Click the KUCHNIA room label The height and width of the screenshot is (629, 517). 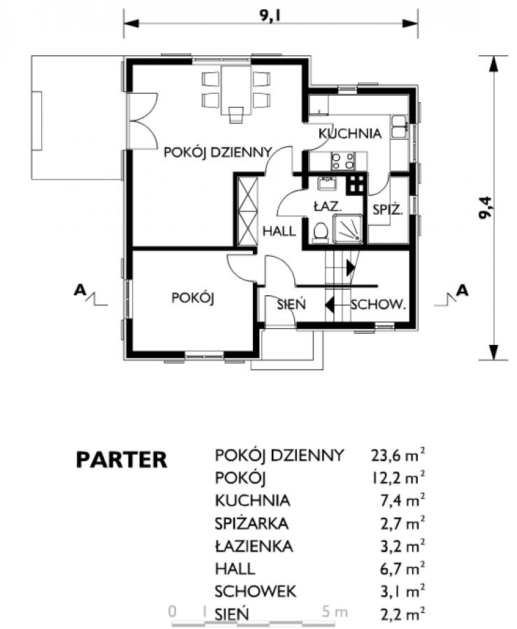pos(350,134)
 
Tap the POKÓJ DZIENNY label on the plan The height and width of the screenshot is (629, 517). pos(218,153)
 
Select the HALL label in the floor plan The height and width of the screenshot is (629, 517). pos(279,231)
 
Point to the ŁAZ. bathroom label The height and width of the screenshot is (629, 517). pos(328,207)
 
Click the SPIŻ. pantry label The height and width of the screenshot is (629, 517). pos(388,209)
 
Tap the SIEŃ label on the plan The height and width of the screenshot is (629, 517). pos(291,304)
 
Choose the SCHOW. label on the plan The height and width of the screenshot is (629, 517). pos(379,305)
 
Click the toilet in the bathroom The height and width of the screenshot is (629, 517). pos(320,233)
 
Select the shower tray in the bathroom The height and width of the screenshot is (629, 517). pos(348,229)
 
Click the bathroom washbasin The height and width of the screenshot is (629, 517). pos(327,183)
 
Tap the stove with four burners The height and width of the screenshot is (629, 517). pos(343,161)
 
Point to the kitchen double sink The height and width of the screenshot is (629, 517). pos(399,127)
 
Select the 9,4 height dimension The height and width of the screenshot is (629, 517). pos(486,208)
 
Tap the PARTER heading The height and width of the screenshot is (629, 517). pos(122,460)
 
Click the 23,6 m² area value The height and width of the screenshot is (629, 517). pos(398,455)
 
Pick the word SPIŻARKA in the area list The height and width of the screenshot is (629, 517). pos(252,523)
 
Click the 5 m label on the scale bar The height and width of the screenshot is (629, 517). pos(335,612)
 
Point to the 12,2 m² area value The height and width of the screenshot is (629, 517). pos(398,478)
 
